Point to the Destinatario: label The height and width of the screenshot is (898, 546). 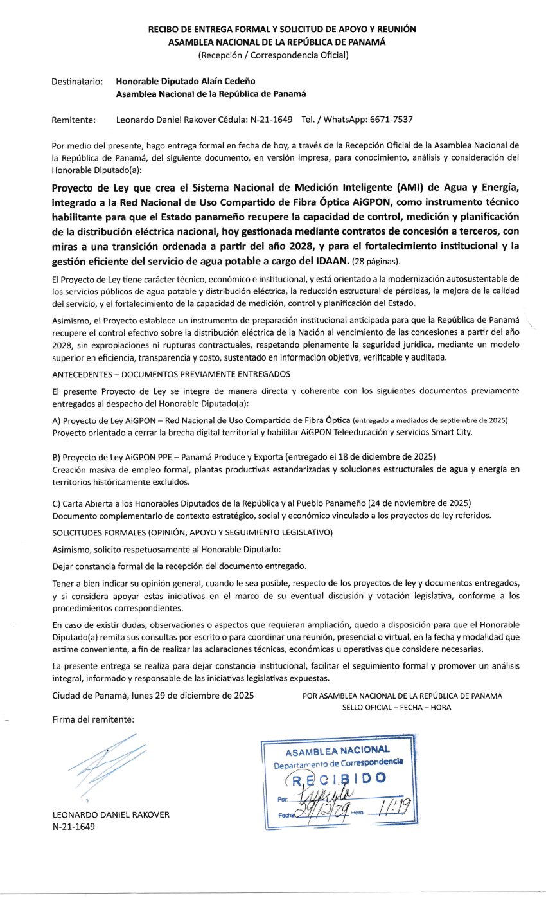[x=77, y=82]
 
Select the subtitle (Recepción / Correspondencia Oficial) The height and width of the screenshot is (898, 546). [x=273, y=55]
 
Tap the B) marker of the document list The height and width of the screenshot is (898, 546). [x=57, y=456]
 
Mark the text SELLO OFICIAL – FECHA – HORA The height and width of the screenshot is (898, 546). [x=397, y=707]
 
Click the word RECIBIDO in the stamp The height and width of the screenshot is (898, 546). [x=337, y=779]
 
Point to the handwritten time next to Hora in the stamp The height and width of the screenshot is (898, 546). [x=385, y=810]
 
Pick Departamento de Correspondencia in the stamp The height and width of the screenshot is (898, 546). [x=339, y=763]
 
